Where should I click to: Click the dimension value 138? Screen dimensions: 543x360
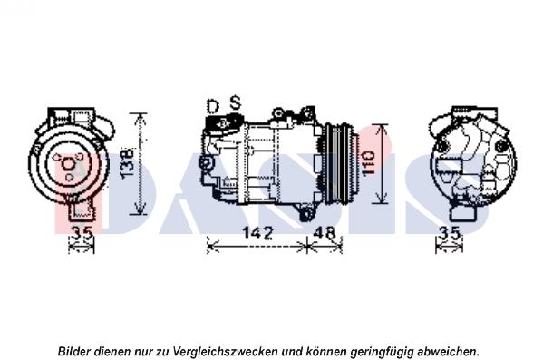[128, 163]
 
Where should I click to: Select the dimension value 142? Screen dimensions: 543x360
[257, 233]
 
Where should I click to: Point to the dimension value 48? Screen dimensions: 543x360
[325, 233]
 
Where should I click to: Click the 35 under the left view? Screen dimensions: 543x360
[82, 233]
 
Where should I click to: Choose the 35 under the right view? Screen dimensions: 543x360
[449, 233]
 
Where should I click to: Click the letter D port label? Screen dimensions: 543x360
[213, 106]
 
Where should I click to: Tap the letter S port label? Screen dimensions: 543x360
[236, 102]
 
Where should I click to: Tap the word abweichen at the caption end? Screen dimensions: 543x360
[447, 351]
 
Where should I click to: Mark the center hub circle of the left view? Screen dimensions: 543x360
[68, 163]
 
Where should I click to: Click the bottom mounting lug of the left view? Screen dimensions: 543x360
[82, 209]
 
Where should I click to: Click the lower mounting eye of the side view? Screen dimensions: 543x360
[306, 215]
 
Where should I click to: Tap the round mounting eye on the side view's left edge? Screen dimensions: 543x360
[206, 163]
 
